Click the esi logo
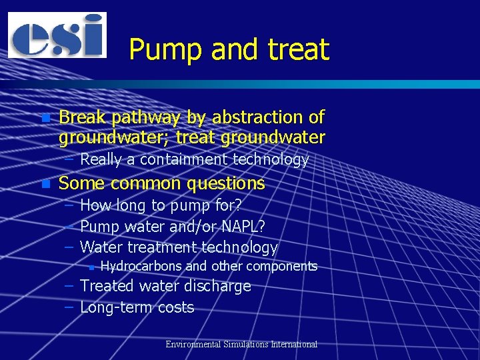tap(57, 35)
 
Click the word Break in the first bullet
tap(83, 117)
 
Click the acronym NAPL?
tap(241, 227)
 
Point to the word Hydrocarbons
tap(141, 267)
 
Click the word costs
tap(176, 307)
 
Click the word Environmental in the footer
tap(195, 345)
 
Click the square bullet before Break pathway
tap(45, 118)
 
